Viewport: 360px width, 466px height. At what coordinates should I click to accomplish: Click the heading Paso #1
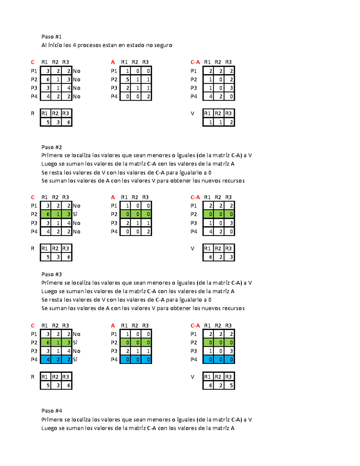point(51,37)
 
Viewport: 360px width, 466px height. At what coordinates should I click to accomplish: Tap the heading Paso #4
point(52,411)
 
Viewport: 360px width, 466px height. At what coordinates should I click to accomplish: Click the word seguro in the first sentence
point(163,45)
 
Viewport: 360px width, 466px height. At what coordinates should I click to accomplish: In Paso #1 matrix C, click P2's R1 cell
point(46,80)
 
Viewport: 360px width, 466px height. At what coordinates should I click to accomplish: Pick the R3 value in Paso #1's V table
point(229,122)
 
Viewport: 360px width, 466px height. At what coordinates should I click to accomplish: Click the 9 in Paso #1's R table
point(46,122)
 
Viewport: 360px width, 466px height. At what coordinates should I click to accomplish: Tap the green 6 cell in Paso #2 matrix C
point(46,214)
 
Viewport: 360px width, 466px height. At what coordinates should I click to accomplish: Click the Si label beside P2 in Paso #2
point(75,214)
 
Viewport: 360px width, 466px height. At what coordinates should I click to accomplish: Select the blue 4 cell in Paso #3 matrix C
point(46,359)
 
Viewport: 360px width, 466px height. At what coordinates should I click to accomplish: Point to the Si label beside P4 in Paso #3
point(75,359)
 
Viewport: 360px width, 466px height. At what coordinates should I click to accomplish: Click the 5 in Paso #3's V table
point(229,385)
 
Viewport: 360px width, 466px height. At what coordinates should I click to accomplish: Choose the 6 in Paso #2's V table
point(208,257)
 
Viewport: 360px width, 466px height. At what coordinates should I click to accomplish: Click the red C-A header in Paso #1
point(195,62)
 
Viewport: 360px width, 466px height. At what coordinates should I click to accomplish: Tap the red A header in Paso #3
point(113,326)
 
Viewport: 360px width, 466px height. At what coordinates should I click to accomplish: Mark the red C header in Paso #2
point(33,197)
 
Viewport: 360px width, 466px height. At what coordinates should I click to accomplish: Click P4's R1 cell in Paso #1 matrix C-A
point(208,97)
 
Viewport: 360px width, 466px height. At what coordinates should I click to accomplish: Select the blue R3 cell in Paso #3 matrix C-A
point(229,359)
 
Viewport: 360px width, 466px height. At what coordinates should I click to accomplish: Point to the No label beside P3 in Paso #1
point(76,88)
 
